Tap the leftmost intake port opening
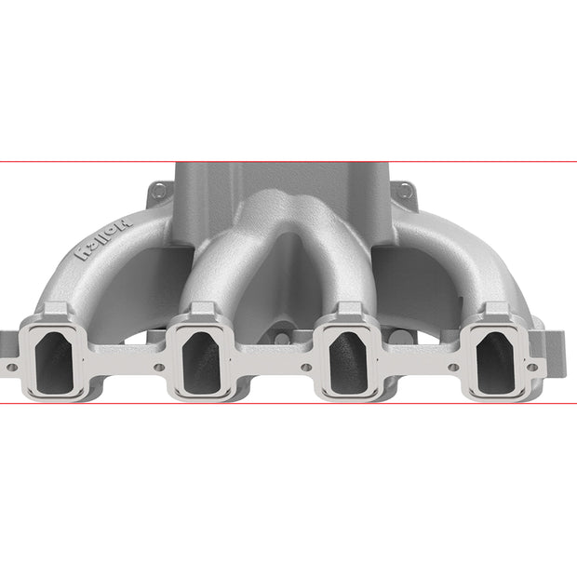point(55,363)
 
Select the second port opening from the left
point(202,363)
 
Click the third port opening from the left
point(348,363)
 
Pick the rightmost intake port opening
point(496,363)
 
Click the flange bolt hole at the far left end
point(12,367)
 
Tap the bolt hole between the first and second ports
point(159,367)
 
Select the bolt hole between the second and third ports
point(306,367)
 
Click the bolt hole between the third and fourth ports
point(453,367)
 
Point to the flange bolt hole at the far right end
point(532,367)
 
